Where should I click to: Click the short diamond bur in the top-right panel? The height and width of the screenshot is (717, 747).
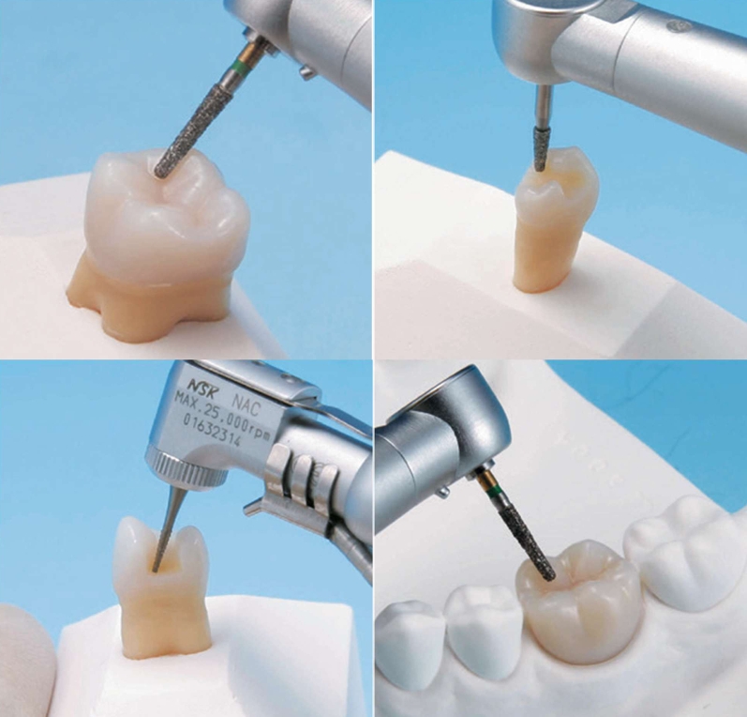click(541, 149)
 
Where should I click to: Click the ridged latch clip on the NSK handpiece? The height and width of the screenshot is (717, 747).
click(301, 481)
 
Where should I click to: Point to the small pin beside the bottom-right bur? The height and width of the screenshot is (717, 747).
click(444, 491)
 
